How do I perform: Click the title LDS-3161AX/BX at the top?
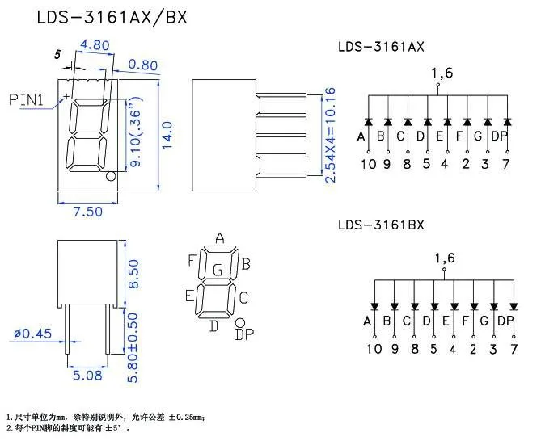point(111,17)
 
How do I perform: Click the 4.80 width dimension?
point(96,45)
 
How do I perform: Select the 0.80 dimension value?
point(142,65)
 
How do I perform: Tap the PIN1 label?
point(32,99)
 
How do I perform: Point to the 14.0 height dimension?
point(168,136)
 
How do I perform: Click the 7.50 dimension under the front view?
point(87,212)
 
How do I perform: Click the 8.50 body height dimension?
point(134,274)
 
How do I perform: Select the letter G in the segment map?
point(217,269)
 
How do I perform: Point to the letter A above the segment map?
point(219,237)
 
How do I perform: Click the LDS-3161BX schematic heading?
point(381,225)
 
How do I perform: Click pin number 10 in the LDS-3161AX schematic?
point(368,165)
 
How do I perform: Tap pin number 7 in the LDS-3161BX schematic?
point(513,349)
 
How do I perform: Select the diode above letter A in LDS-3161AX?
point(368,122)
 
